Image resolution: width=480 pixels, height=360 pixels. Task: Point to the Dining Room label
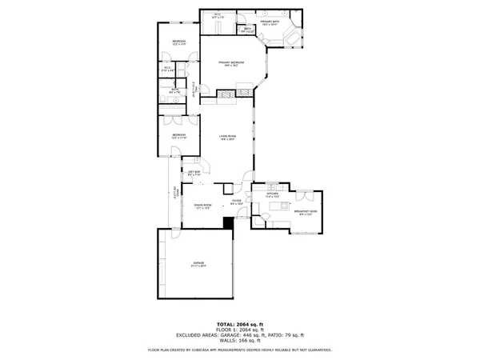pos(202,206)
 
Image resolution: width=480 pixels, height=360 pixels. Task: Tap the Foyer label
pos(237,203)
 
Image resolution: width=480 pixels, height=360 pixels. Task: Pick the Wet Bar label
pos(194,173)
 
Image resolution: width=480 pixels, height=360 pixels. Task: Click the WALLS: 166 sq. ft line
pos(239,342)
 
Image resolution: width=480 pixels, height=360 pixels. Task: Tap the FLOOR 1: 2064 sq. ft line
pos(239,330)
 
